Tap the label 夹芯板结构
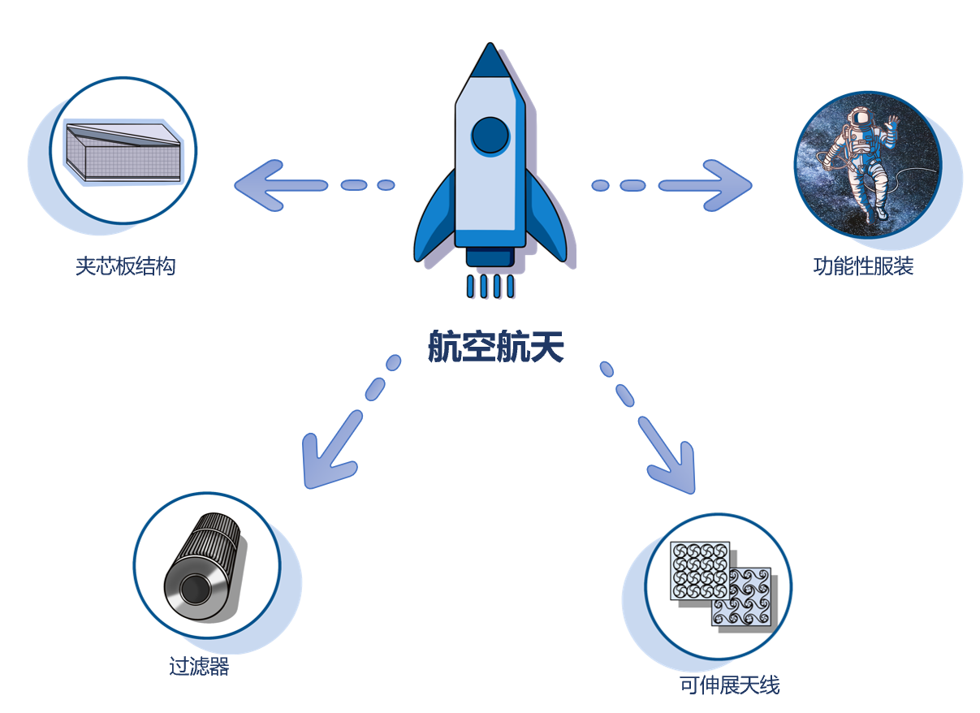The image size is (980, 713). point(126,266)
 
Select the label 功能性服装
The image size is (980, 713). point(863,266)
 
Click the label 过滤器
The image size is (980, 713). point(199,668)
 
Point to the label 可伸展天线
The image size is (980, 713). point(729,685)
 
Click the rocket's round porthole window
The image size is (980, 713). point(490,136)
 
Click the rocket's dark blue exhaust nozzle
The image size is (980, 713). point(490,257)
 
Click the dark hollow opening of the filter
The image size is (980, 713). point(193,588)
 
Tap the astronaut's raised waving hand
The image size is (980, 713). point(892,124)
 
